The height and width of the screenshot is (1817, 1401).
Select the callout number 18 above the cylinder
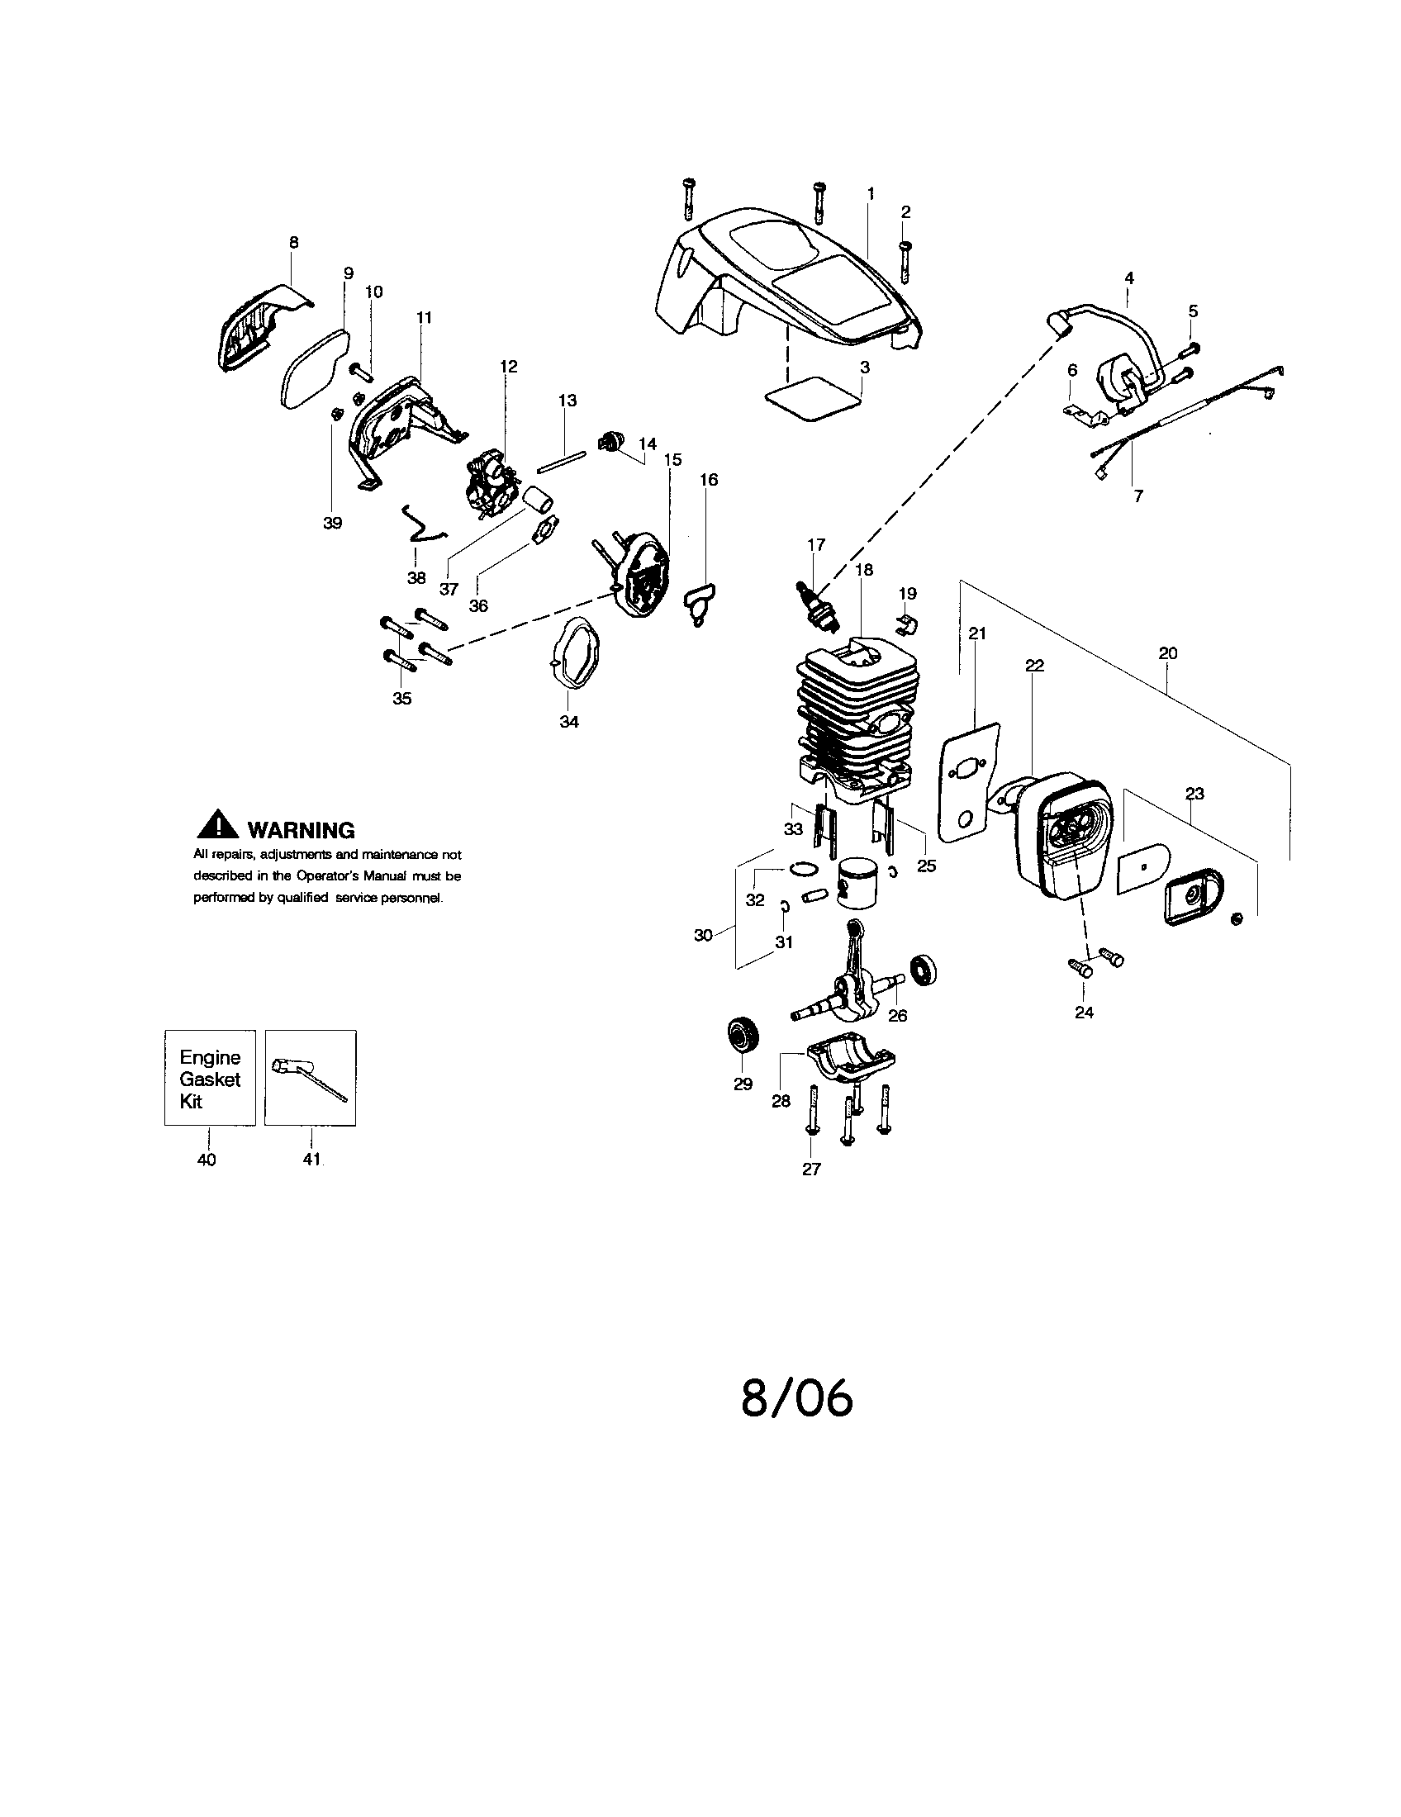click(x=863, y=570)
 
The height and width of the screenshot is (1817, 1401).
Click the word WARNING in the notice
click(x=302, y=830)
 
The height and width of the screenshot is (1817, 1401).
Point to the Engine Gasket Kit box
click(x=210, y=1078)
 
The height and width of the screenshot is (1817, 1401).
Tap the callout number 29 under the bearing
click(x=743, y=1084)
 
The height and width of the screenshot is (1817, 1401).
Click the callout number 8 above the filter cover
click(x=294, y=243)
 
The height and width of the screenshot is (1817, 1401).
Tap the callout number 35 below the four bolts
click(x=401, y=698)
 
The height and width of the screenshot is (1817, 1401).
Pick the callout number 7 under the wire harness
click(x=1138, y=496)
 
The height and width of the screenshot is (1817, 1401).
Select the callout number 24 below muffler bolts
click(x=1084, y=1013)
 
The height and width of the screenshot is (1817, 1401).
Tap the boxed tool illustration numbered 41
click(x=311, y=1078)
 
